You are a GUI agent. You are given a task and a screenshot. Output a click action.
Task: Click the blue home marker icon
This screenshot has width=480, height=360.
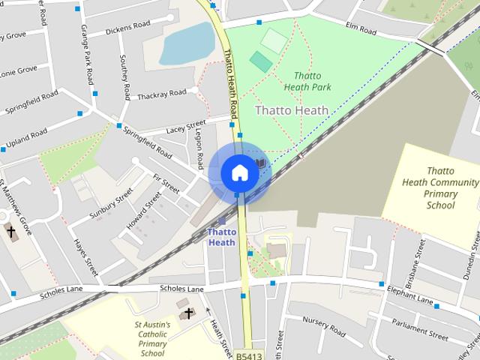pyautogui.click(x=239, y=172)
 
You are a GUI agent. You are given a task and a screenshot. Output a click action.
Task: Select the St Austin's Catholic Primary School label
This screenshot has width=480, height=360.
pyautogui.click(x=152, y=339)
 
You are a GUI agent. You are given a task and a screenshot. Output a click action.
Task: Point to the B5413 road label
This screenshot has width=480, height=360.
pyautogui.click(x=248, y=355)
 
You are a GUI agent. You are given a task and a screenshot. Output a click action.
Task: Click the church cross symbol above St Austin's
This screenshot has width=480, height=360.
pyautogui.click(x=187, y=312)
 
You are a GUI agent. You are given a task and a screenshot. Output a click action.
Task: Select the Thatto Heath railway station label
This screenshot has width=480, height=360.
pyautogui.click(x=221, y=237)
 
